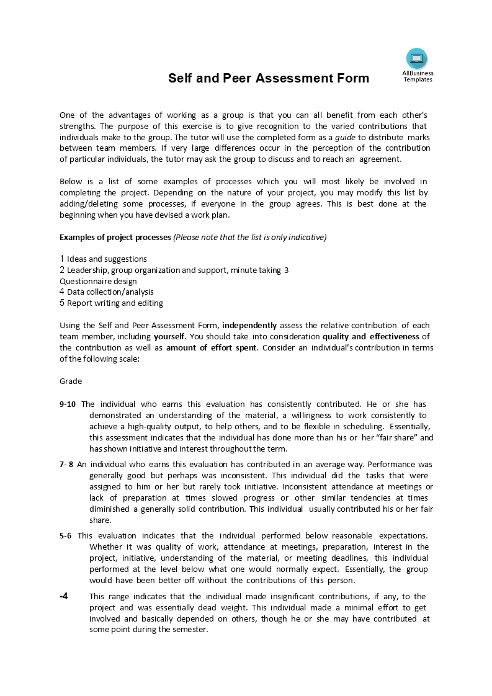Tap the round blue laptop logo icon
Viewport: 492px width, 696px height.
pyautogui.click(x=417, y=58)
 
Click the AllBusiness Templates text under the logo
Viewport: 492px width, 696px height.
pyautogui.click(x=418, y=76)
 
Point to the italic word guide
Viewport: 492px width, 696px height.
pyautogui.click(x=345, y=137)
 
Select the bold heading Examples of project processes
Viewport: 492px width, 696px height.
pyautogui.click(x=115, y=237)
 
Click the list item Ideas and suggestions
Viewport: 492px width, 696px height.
pyautogui.click(x=107, y=259)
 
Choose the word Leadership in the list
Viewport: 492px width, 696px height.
pyautogui.click(x=87, y=270)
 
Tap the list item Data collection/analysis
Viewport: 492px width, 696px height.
pyautogui.click(x=110, y=292)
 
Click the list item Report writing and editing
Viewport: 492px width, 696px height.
pyautogui.click(x=115, y=303)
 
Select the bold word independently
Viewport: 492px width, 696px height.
pyautogui.click(x=251, y=325)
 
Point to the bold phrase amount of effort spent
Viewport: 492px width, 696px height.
pyautogui.click(x=211, y=347)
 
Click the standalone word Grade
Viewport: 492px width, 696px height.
pyautogui.click(x=71, y=381)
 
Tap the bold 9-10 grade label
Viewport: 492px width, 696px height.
pyautogui.click(x=68, y=404)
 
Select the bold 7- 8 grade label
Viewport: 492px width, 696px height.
pyautogui.click(x=66, y=464)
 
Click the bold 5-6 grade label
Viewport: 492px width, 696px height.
pyautogui.click(x=66, y=535)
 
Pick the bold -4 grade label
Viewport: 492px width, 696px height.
pyautogui.click(x=64, y=596)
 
